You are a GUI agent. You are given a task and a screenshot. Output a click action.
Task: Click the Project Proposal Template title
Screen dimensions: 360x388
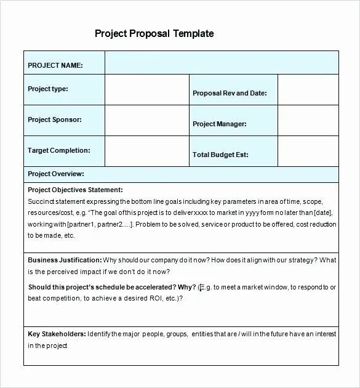click(x=154, y=33)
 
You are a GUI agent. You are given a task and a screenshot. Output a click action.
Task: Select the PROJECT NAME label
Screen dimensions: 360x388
click(x=55, y=65)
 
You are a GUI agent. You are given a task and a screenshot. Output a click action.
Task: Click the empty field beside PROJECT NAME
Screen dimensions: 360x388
click(x=222, y=62)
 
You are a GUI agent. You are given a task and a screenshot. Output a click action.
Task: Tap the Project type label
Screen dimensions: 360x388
click(x=48, y=89)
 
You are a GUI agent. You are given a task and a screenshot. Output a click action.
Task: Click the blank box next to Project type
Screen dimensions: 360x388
click(x=146, y=90)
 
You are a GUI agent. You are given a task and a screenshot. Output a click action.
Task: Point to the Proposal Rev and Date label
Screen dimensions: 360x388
click(x=230, y=93)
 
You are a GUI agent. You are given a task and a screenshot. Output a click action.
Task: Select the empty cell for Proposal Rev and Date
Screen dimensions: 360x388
click(x=308, y=90)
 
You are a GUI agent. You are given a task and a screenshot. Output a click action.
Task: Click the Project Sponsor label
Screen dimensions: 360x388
click(x=55, y=119)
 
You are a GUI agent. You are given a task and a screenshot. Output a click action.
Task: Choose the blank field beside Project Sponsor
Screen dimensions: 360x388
click(x=146, y=121)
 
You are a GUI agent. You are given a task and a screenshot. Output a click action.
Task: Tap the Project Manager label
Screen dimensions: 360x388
click(x=220, y=124)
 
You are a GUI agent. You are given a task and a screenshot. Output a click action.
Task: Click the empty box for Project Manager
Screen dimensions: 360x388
click(x=308, y=121)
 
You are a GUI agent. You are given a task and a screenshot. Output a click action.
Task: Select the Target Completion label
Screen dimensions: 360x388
click(x=59, y=150)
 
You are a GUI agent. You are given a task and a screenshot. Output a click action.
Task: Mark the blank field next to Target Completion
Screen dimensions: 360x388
click(x=146, y=152)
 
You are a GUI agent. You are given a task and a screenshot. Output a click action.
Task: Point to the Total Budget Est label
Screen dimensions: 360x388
click(x=221, y=155)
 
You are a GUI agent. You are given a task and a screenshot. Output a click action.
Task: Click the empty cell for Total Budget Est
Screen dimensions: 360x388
click(x=308, y=152)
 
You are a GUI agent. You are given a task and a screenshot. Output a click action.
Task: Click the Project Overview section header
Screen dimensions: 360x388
click(x=56, y=174)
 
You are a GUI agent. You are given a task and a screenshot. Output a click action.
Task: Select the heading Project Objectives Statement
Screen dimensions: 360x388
click(x=75, y=190)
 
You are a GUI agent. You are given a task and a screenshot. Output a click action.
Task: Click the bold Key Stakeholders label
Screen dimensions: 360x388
click(x=57, y=334)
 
